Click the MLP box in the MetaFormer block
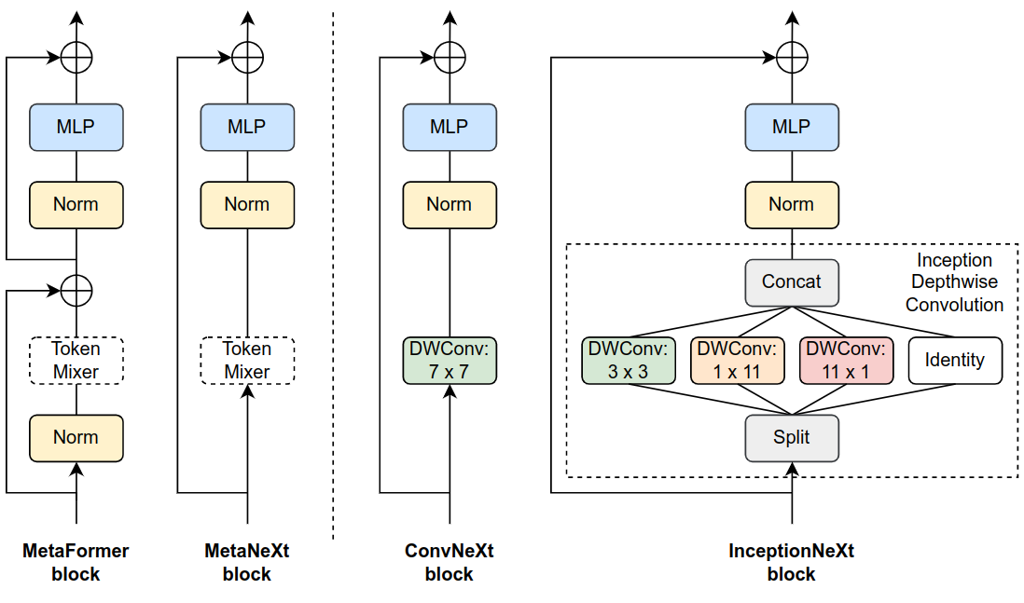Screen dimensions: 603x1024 click(x=76, y=127)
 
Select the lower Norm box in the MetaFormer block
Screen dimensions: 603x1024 click(x=76, y=437)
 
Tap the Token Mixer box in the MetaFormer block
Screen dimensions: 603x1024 click(x=76, y=361)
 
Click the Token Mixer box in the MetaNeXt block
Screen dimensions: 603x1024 click(x=247, y=361)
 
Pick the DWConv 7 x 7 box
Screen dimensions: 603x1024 click(x=450, y=361)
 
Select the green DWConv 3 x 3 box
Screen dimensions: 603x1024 click(x=628, y=361)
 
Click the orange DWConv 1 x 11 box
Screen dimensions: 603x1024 click(x=737, y=361)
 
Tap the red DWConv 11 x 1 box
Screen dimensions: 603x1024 click(x=846, y=361)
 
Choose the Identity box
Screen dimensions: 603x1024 click(x=954, y=361)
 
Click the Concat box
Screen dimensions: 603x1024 click(x=792, y=282)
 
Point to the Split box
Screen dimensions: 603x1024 click(x=792, y=437)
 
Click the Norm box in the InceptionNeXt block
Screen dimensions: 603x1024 click(x=792, y=205)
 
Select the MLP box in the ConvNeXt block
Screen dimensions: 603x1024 click(x=450, y=127)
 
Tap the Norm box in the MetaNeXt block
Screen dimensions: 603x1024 click(x=247, y=205)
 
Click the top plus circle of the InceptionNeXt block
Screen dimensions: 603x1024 click(x=792, y=58)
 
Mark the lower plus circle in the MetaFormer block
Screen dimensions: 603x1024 click(x=76, y=291)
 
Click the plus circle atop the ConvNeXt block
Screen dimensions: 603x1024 click(x=450, y=58)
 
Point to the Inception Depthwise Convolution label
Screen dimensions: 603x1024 click(x=954, y=282)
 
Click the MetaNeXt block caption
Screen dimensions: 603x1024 click(x=247, y=562)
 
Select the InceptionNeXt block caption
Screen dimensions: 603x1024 click(x=792, y=562)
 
